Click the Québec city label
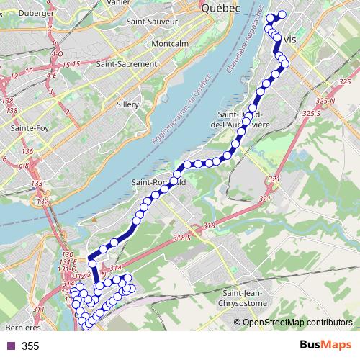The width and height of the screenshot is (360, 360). point(220,9)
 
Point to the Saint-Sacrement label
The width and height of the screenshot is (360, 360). point(126,63)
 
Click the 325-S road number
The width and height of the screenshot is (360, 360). point(310,113)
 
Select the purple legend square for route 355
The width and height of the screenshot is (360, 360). point(9,346)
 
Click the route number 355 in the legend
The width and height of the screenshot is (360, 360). point(30,346)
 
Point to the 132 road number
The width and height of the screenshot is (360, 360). point(43,202)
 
